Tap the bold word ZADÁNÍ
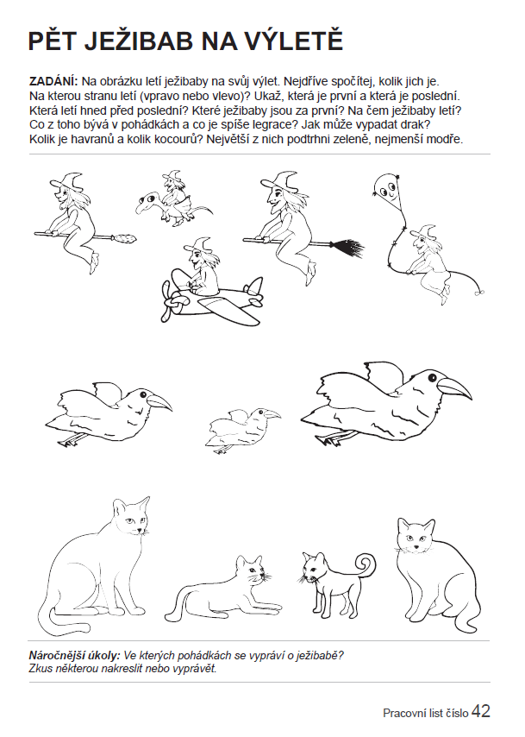click(x=53, y=81)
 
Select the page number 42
click(x=481, y=711)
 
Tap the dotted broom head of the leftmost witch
click(x=125, y=239)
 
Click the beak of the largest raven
click(x=455, y=387)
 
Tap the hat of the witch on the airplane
click(x=199, y=244)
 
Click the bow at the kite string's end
click(x=478, y=292)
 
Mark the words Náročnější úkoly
click(x=75, y=655)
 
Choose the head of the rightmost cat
click(x=415, y=535)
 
